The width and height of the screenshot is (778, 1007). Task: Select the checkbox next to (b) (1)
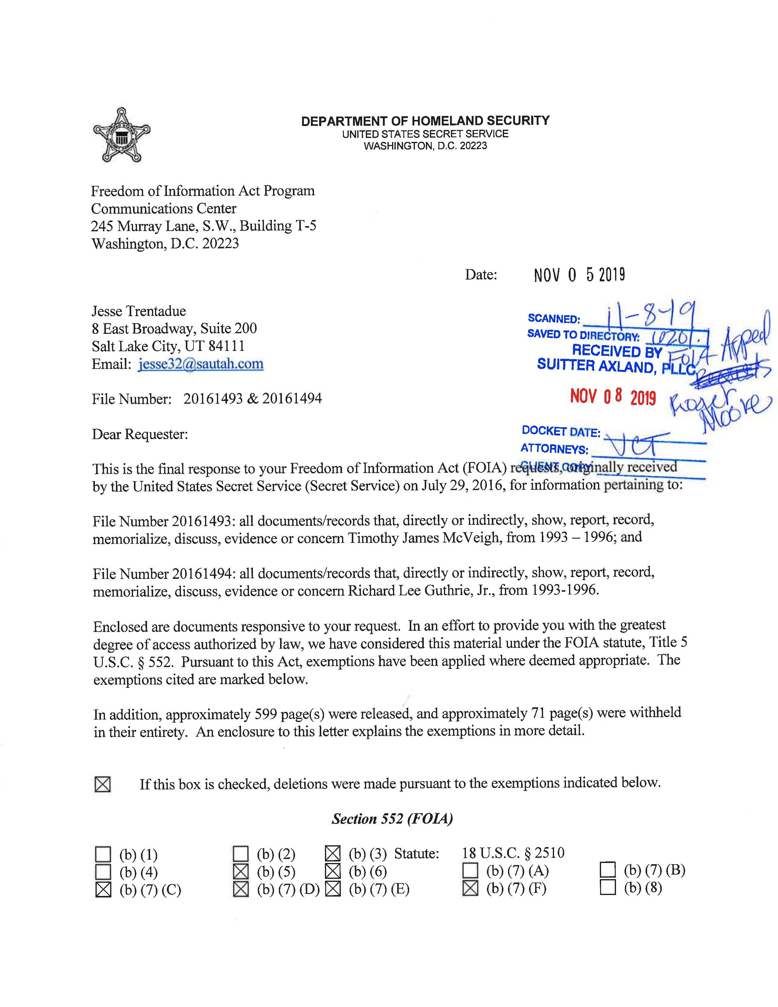click(x=103, y=854)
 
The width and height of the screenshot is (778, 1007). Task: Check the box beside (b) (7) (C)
click(x=103, y=890)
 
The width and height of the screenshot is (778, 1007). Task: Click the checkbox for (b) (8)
click(x=608, y=888)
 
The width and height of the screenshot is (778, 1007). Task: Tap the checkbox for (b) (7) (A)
click(x=470, y=871)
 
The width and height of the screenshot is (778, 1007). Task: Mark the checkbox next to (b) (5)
click(x=241, y=872)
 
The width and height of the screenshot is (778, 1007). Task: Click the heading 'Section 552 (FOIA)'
click(x=392, y=818)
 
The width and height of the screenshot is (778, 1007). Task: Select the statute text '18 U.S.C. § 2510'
click(x=513, y=853)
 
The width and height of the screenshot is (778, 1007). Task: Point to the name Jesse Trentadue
click(x=139, y=311)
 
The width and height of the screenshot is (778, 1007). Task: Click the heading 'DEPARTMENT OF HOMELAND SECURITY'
click(x=425, y=121)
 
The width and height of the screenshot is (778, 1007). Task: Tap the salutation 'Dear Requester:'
click(x=140, y=434)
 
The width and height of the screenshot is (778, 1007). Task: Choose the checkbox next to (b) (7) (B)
click(x=608, y=870)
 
